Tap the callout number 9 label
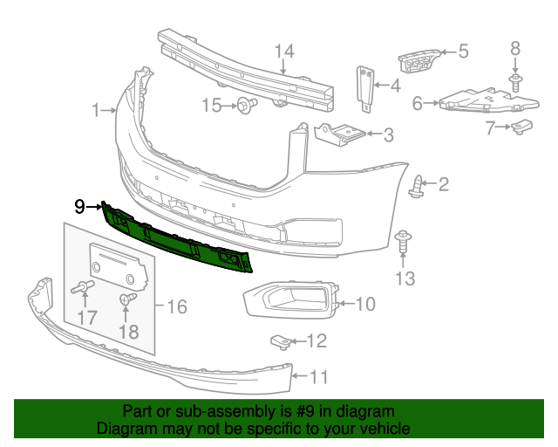tap(79, 207)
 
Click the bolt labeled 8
tap(515, 82)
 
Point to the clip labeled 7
tap(522, 127)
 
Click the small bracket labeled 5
tap(417, 58)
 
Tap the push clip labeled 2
tap(418, 184)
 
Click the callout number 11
tap(319, 377)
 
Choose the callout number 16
tap(177, 306)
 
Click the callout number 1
tap(96, 110)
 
